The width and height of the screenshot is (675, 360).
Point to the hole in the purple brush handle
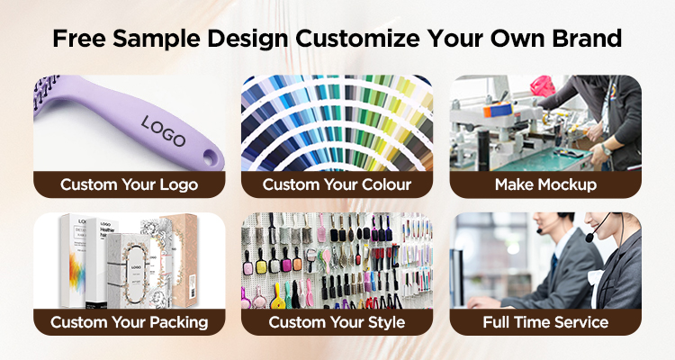(209, 157)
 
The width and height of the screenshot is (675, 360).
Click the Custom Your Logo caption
(130, 184)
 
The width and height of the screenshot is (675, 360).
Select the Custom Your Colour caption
(337, 184)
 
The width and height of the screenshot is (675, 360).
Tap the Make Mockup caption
(545, 184)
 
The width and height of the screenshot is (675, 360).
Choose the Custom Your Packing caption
(130, 321)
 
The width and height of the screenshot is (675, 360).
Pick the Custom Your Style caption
(337, 321)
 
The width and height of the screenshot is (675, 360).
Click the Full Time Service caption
(545, 321)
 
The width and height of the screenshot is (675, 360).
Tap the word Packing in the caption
(177, 321)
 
